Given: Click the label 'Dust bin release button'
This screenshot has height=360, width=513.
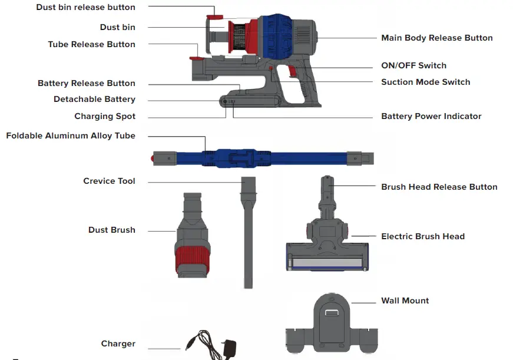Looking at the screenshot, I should [x=85, y=8].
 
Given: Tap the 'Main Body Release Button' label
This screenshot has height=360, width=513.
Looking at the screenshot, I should [x=436, y=38].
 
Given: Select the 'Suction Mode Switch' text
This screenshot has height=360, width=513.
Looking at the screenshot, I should [x=425, y=82].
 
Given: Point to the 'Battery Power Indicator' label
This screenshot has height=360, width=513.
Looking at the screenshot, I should [x=431, y=116].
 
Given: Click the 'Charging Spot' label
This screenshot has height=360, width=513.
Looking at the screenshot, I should [x=105, y=116].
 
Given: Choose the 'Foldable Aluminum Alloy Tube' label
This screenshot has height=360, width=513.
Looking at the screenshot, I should [x=71, y=136].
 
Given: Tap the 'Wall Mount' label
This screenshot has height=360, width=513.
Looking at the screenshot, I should [x=405, y=300].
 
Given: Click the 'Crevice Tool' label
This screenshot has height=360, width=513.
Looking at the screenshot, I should [x=109, y=181].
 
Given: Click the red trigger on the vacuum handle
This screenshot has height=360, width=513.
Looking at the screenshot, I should [x=293, y=71].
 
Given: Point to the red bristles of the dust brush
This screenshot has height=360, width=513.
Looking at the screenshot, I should [x=193, y=257].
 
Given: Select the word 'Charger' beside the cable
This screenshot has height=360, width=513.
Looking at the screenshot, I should [x=118, y=344].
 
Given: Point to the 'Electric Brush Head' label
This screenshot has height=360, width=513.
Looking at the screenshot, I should [x=422, y=236].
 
